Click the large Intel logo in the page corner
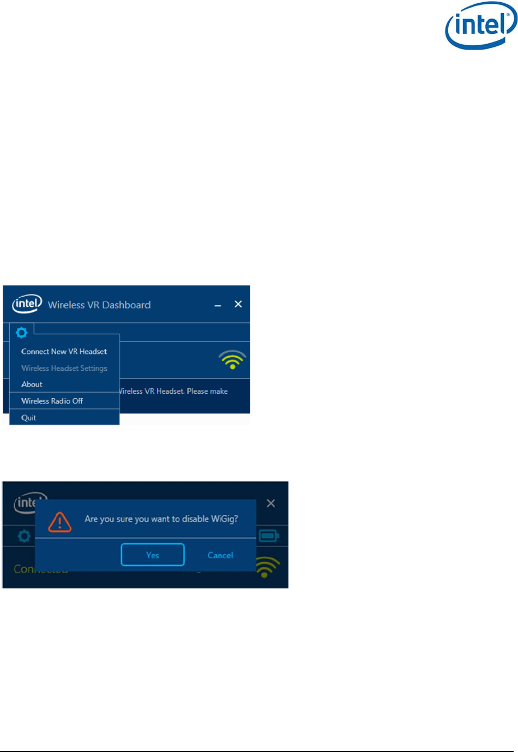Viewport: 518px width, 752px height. [481, 26]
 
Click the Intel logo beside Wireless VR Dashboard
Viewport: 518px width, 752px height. [27, 304]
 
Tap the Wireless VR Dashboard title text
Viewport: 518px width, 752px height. [99, 305]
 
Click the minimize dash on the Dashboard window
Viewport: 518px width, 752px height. [218, 305]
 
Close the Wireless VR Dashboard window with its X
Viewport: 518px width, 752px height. [238, 304]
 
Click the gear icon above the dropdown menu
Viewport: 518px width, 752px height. [22, 332]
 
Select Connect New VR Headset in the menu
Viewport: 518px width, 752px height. [64, 352]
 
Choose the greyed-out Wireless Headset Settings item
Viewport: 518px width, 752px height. [64, 368]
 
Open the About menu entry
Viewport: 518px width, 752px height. [32, 384]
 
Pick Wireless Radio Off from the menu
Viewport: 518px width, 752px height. [52, 401]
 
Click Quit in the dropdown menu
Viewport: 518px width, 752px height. [29, 418]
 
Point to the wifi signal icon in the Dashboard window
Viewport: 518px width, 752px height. [232, 359]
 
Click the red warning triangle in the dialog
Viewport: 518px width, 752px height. [59, 522]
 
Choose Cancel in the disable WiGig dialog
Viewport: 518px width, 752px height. [220, 555]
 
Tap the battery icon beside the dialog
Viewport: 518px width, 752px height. [269, 536]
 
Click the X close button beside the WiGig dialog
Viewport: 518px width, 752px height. [271, 503]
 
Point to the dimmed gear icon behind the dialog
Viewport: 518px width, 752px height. [24, 536]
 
